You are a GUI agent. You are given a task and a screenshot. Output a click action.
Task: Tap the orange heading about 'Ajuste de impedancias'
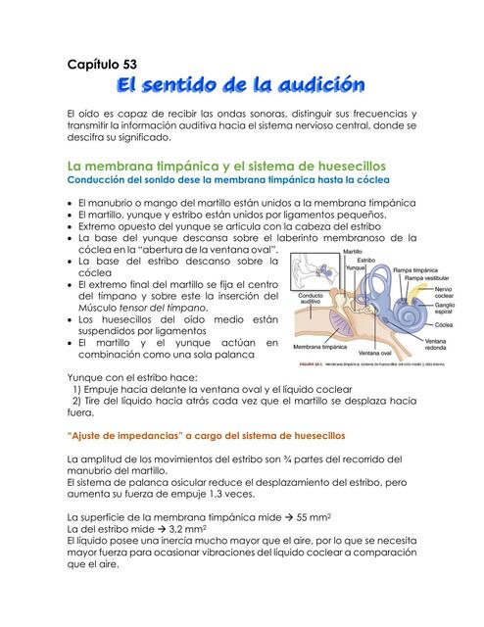tap(208, 433)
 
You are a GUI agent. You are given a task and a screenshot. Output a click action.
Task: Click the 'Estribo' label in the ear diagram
tap(365, 261)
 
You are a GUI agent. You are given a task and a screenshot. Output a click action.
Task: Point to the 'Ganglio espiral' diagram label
tap(444, 310)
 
